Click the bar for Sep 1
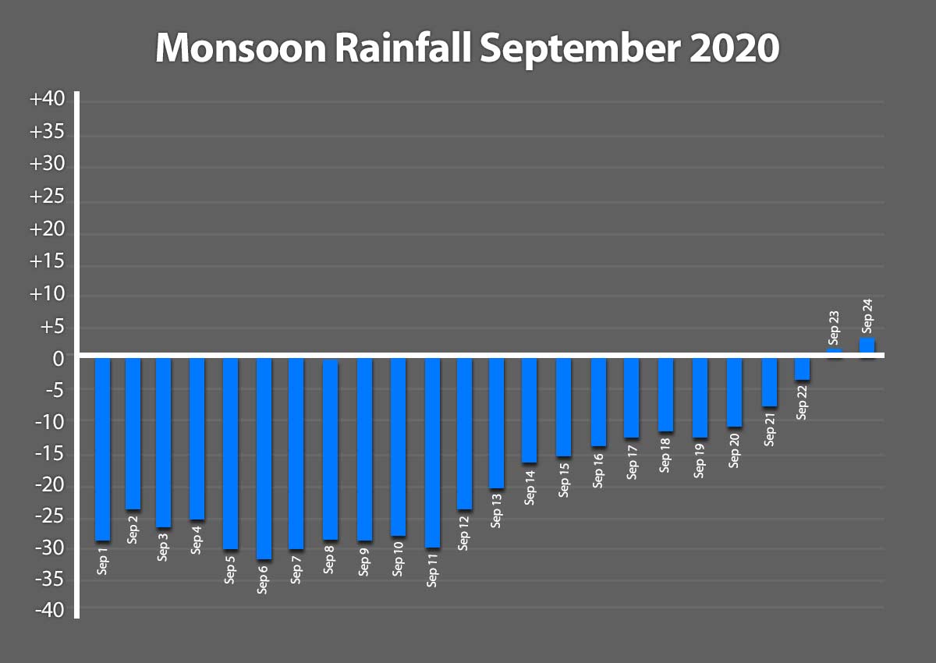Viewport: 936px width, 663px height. tap(102, 448)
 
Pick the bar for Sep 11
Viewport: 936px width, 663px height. tap(432, 452)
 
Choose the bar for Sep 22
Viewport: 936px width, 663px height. tap(802, 369)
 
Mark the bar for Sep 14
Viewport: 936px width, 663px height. tap(530, 410)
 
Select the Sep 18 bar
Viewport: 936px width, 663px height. tap(665, 395)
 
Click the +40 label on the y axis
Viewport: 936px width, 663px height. tap(50, 101)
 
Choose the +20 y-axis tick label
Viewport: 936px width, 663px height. tap(50, 231)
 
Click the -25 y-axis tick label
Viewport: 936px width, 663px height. tap(50, 517)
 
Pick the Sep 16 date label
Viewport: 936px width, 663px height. tap(598, 469)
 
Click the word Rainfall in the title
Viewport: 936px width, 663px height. tap(405, 48)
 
